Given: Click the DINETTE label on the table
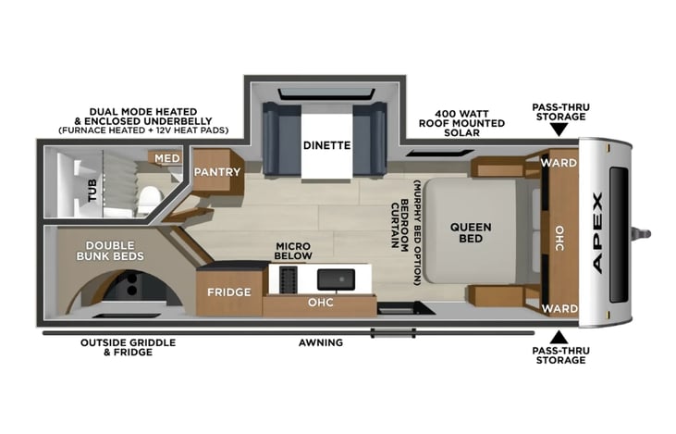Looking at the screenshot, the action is click(326, 145).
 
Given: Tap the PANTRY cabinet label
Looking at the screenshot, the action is click(216, 172).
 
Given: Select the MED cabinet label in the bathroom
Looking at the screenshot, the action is click(166, 158).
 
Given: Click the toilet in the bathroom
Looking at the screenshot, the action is click(150, 199).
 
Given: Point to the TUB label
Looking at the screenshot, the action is click(92, 191).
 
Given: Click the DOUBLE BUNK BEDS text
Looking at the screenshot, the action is click(110, 251).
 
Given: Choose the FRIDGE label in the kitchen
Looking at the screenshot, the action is click(229, 292).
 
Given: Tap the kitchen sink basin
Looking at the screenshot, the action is click(337, 279).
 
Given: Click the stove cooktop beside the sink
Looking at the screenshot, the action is click(288, 279).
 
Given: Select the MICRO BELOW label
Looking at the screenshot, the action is click(293, 251).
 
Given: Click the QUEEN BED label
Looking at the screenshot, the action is click(471, 232).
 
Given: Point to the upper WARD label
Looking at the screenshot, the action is click(559, 163).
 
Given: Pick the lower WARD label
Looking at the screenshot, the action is click(559, 308).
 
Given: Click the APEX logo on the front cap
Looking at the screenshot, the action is click(598, 233).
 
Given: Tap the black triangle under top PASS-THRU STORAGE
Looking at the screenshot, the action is click(559, 130).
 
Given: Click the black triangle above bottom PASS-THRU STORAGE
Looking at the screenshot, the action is click(559, 337).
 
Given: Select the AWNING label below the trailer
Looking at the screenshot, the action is click(321, 342).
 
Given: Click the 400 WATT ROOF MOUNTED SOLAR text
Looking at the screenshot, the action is click(461, 123).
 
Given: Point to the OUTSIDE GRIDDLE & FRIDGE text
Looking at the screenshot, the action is click(128, 347).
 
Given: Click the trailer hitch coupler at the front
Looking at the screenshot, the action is click(642, 233).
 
